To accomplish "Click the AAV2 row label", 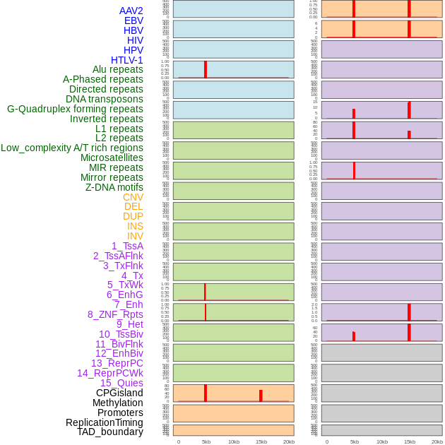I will click(x=131, y=11).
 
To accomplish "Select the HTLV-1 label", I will click(x=127, y=60).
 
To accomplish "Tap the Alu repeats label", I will click(x=118, y=69).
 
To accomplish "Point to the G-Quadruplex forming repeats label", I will click(x=75, y=109).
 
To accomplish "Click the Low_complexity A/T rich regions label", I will click(x=72, y=148).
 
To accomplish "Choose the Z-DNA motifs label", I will click(x=114, y=187).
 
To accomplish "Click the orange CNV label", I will click(x=133, y=197).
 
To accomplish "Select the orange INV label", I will click(x=135, y=236).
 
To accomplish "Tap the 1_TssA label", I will click(x=127, y=246).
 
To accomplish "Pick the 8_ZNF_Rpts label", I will click(x=115, y=314).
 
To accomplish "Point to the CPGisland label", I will click(x=119, y=393).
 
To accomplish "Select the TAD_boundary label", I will click(x=110, y=432).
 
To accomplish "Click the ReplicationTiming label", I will click(x=105, y=422).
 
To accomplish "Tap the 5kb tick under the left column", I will click(x=206, y=441).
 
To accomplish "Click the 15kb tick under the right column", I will click(x=410, y=441).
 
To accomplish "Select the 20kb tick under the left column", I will click(x=289, y=441).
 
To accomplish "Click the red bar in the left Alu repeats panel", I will click(x=206, y=69).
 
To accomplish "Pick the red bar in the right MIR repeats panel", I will click(x=354, y=170).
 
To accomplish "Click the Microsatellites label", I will click(x=112, y=158).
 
